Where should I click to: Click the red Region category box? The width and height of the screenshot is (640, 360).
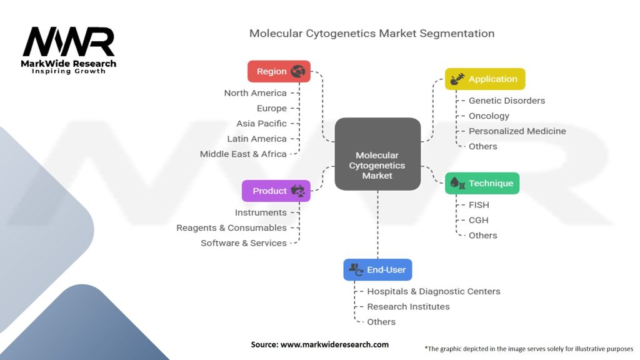tap(279, 71)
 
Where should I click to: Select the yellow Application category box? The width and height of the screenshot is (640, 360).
tap(485, 79)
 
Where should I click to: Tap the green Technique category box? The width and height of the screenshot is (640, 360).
tap(482, 183)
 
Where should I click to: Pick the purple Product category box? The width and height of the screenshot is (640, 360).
tap(276, 191)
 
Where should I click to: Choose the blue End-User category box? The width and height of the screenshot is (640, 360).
tap(377, 269)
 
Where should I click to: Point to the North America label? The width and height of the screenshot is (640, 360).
tap(255, 93)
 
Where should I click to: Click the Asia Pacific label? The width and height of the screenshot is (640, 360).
tap(261, 124)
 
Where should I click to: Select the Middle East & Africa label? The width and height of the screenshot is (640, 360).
tap(243, 154)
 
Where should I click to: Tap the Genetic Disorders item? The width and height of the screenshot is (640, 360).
tap(506, 101)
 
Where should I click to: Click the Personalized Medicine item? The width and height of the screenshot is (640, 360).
tap(517, 131)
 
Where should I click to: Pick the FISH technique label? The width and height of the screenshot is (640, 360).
tap(479, 205)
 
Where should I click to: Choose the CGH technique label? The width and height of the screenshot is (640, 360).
tap(478, 220)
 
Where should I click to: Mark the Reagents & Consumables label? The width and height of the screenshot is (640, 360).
tap(231, 228)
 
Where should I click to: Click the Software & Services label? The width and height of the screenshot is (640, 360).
tap(243, 243)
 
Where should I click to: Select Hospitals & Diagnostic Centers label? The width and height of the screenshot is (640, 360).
tap(433, 291)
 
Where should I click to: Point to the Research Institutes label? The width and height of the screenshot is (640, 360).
tap(408, 307)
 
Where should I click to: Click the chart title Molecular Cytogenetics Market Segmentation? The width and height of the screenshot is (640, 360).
tap(372, 34)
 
